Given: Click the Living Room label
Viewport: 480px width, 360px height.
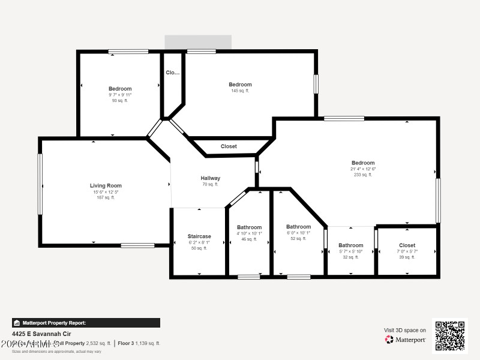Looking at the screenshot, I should pos(106,186).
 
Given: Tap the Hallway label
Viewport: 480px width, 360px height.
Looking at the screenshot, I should pos(210,178).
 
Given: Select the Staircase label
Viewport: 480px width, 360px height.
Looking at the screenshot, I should pos(199,236).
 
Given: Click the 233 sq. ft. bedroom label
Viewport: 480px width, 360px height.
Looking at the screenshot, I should pos(363,163).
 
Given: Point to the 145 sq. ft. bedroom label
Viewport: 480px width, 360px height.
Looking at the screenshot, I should pos(240,85).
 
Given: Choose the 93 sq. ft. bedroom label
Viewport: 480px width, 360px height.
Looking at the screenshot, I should pos(120,89).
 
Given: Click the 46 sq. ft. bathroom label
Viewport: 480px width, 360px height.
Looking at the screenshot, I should pos(249,227).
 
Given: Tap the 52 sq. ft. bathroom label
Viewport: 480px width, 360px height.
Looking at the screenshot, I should pos(298,227).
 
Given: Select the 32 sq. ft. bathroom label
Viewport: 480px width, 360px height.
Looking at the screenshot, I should pos(350,245).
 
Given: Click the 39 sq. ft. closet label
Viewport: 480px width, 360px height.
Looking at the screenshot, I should pos(407,245).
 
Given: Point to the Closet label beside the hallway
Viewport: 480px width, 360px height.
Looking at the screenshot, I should pos(229,146).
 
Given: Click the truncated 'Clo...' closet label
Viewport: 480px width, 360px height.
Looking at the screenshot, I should pos(172,73).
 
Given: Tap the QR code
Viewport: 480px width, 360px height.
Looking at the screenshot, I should pos(449,336).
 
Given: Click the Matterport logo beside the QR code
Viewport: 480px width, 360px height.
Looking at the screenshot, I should pos(406,340).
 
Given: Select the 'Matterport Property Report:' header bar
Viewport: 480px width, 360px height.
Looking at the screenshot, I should pos(86,323).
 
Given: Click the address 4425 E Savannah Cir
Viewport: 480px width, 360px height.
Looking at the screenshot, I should pos(35,334).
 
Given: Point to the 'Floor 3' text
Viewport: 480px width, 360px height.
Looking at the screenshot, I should pos(125,343).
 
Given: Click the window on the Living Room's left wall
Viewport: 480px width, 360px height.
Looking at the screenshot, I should pos(40,184).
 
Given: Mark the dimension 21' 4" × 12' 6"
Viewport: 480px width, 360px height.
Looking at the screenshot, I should pos(363,169).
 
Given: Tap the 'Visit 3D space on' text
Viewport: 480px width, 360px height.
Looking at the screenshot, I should pos(405,330).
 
